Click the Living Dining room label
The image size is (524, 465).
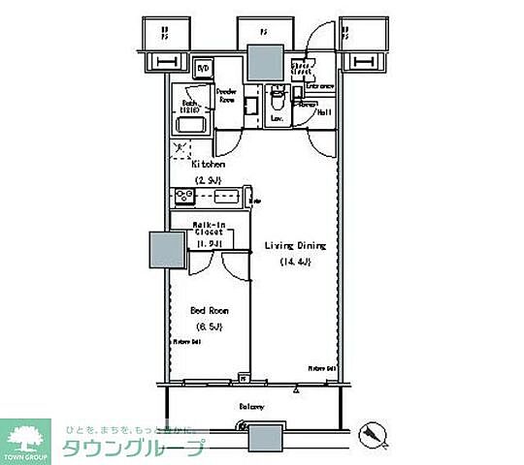click(x=295, y=246)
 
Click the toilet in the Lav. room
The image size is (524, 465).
click(x=277, y=99)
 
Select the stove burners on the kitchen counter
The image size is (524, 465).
click(x=182, y=197)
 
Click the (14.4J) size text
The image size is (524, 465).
click(x=294, y=263)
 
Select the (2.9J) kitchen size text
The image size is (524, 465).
click(x=208, y=180)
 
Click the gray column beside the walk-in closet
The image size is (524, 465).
click(x=163, y=250)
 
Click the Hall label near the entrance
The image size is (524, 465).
click(x=324, y=111)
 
